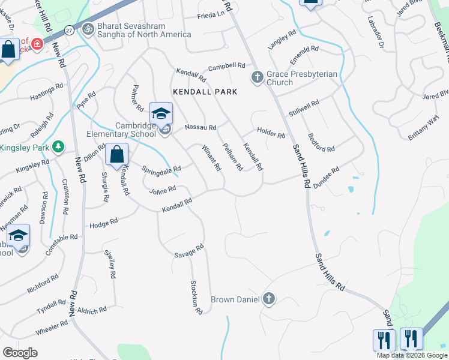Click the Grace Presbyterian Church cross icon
257,77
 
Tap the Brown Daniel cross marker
268,298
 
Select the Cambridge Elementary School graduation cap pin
161,114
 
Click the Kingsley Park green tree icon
58,146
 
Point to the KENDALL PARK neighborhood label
205,92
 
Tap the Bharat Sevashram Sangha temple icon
88,29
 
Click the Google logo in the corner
20,352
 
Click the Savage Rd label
190,250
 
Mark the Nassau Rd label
200,127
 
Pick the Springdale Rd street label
161,169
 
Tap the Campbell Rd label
227,66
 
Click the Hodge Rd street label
103,223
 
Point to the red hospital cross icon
37,44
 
